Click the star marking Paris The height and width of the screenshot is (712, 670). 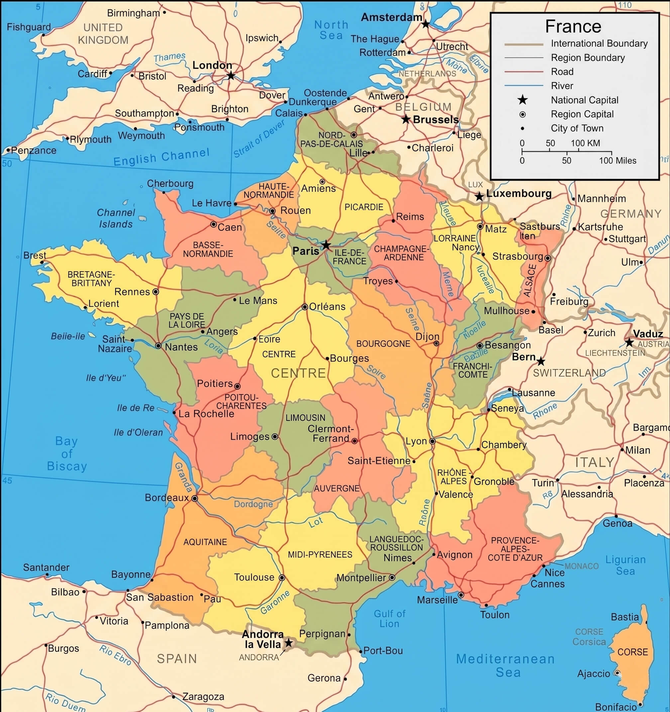tap(326, 245)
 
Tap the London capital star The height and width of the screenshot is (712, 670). tap(231, 76)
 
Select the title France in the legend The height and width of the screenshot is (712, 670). tap(573, 27)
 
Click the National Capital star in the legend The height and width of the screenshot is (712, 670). tap(522, 100)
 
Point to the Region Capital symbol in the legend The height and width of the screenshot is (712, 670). tap(522, 114)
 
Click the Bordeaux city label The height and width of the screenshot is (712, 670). tap(167, 498)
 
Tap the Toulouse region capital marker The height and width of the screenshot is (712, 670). tap(282, 578)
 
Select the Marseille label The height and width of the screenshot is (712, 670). tap(437, 600)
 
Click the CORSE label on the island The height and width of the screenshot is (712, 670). tap(632, 652)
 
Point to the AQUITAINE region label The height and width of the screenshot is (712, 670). tap(205, 542)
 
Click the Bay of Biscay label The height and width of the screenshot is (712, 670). tap(66, 454)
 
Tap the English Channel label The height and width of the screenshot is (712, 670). tap(161, 157)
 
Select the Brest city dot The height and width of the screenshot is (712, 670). tap(42, 262)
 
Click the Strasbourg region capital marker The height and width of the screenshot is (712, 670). tap(547, 258)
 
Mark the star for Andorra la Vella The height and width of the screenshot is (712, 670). tap(288, 643)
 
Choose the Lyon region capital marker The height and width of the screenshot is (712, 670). tap(432, 441)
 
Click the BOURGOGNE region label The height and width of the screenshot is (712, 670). tap(383, 344)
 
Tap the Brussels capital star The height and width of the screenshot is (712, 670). tap(405, 119)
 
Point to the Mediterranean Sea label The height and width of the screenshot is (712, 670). tap(505, 665)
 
